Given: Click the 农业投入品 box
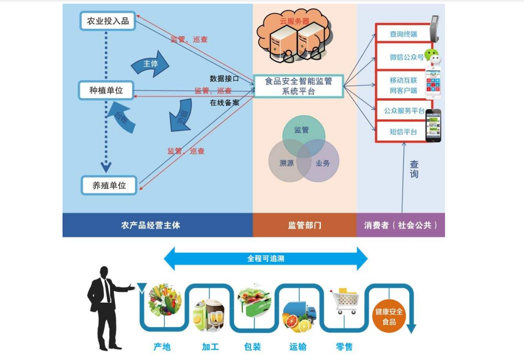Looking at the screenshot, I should click(x=108, y=21).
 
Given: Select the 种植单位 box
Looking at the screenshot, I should click(x=106, y=90).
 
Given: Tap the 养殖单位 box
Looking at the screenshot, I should click(x=109, y=185).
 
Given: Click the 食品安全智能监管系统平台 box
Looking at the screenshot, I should click(x=299, y=86).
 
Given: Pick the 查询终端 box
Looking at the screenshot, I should click(x=403, y=34).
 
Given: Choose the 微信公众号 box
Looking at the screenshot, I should click(x=403, y=57).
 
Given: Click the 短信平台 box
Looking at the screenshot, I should click(x=403, y=132).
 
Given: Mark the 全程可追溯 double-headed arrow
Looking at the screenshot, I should click(x=265, y=259).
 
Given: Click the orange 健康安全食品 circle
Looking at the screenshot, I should click(x=389, y=317).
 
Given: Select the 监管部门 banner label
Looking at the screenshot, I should click(x=304, y=225).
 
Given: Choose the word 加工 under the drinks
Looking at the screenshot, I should click(x=210, y=347).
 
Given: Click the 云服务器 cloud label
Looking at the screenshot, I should click(x=294, y=21).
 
